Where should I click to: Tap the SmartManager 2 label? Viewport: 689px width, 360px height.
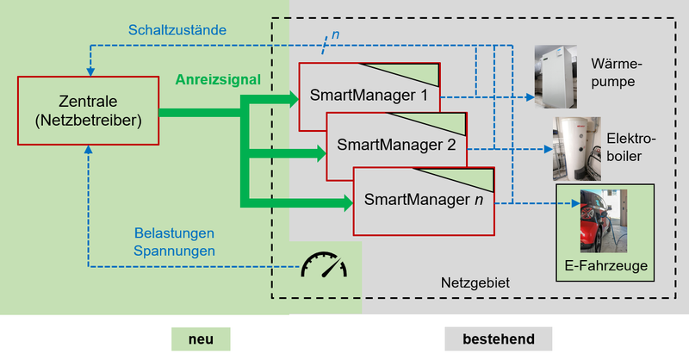pyautogui.click(x=397, y=144)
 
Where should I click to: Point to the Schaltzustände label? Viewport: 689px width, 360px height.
pyautogui.click(x=177, y=29)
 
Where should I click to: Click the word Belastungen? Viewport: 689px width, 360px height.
pyautogui.click(x=174, y=233)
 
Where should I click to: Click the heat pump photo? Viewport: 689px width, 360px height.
pyautogui.click(x=555, y=77)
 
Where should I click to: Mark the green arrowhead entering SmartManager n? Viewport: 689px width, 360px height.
pyautogui.click(x=347, y=204)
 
